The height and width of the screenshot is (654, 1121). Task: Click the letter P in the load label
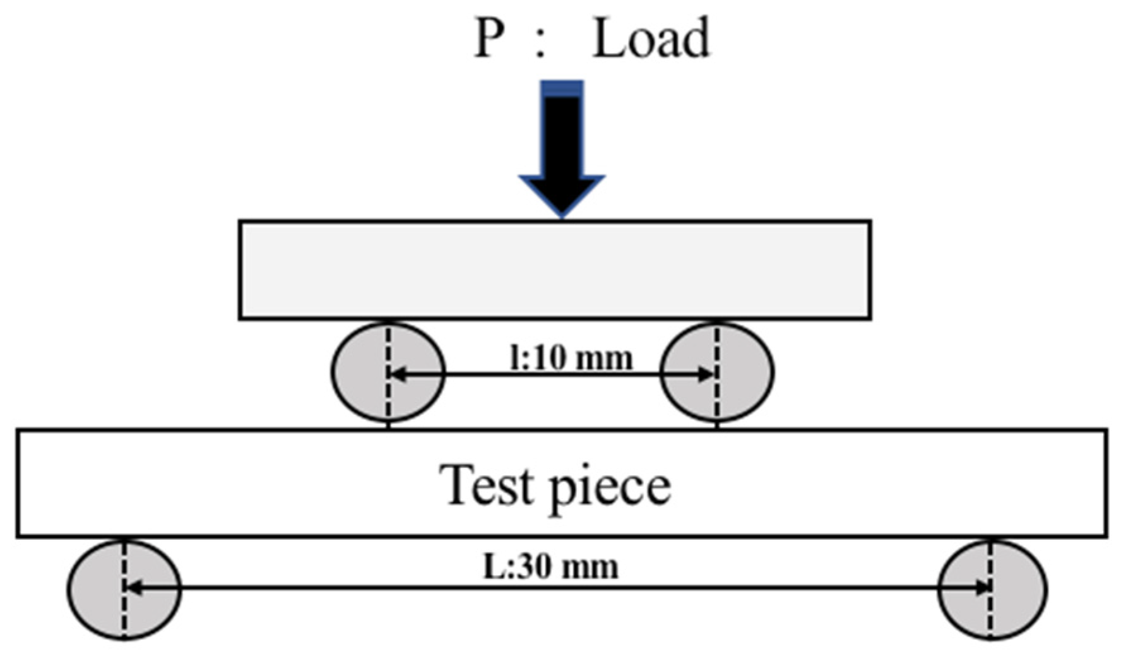(x=489, y=39)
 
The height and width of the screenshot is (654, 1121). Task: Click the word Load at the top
(x=651, y=39)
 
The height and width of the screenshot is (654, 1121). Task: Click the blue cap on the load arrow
(x=562, y=89)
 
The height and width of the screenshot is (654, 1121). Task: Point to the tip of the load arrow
(x=562, y=215)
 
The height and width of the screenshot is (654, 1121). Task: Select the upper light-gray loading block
(x=555, y=270)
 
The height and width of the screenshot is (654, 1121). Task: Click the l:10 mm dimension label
(x=571, y=359)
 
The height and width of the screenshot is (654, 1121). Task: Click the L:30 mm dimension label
(x=550, y=567)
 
